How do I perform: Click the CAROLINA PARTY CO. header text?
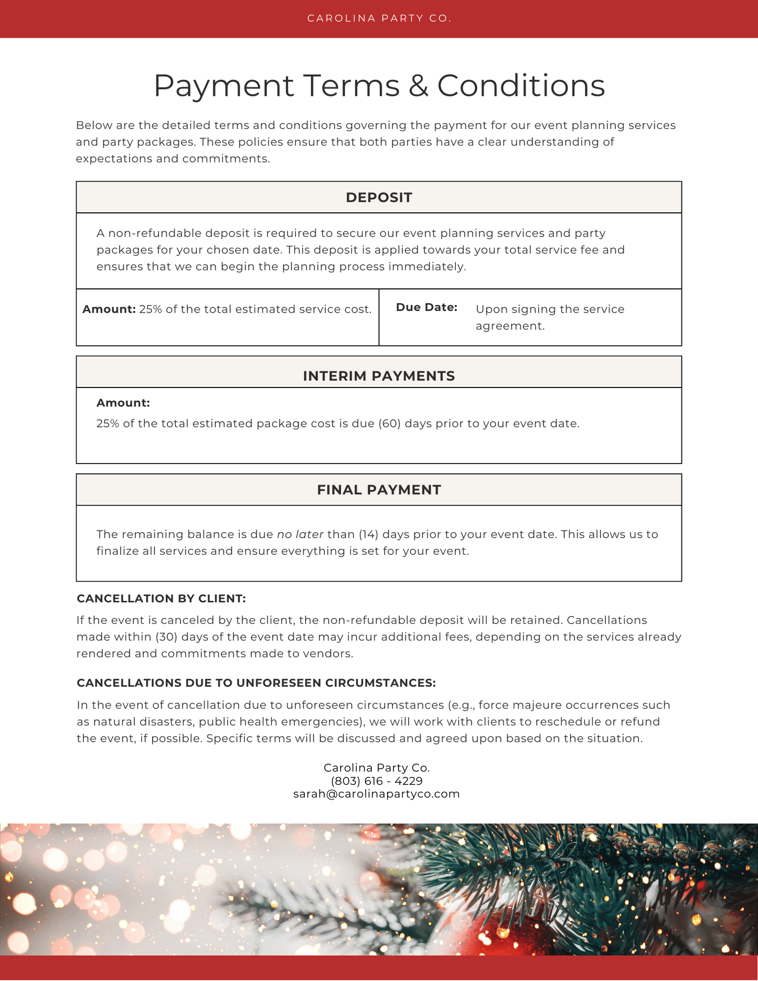pyautogui.click(x=379, y=18)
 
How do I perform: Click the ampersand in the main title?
pyautogui.click(x=418, y=85)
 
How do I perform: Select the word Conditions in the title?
pyautogui.click(x=520, y=85)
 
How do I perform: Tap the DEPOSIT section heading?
pyautogui.click(x=379, y=198)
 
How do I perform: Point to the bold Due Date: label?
pyautogui.click(x=426, y=307)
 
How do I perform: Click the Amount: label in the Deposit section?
pyautogui.click(x=109, y=309)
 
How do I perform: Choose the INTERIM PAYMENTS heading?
pyautogui.click(x=379, y=376)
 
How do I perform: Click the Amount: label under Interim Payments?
pyautogui.click(x=123, y=403)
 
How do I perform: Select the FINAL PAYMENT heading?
pyautogui.click(x=379, y=490)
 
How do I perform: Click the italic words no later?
pyautogui.click(x=300, y=534)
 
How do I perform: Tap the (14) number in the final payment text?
pyautogui.click(x=369, y=534)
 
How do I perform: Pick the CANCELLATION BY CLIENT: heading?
pyautogui.click(x=161, y=599)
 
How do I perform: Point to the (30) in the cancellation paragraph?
pyautogui.click(x=166, y=637)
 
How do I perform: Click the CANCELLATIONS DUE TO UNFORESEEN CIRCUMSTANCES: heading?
pyautogui.click(x=256, y=683)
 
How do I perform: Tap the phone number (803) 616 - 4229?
pyautogui.click(x=377, y=781)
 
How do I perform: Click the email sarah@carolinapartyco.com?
pyautogui.click(x=377, y=794)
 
